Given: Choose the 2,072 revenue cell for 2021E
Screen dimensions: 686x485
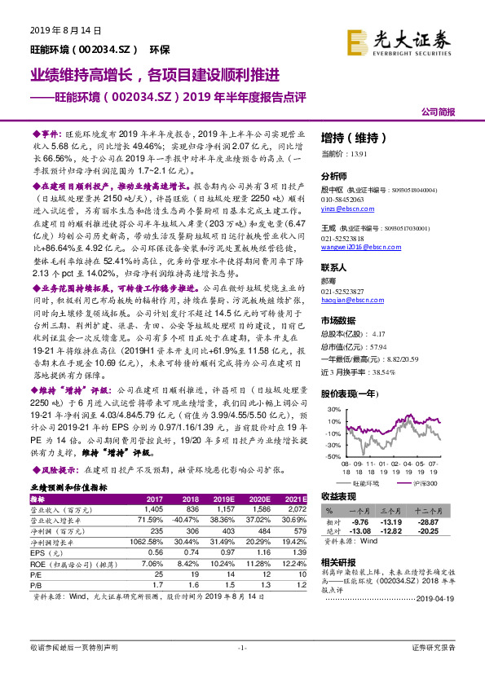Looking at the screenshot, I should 295,508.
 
